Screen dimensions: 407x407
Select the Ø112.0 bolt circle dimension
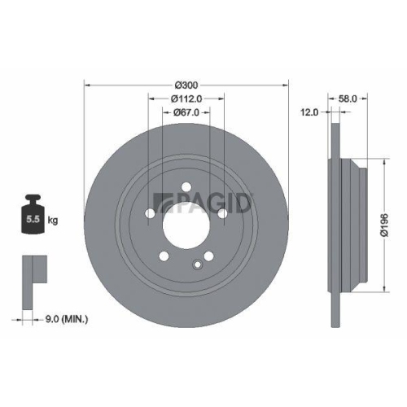pos(186,98)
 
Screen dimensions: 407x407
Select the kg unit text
pos(52,221)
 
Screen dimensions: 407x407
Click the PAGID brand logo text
pos(210,200)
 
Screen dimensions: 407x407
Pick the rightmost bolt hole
pos(221,214)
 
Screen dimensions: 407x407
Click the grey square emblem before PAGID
pos(160,201)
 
